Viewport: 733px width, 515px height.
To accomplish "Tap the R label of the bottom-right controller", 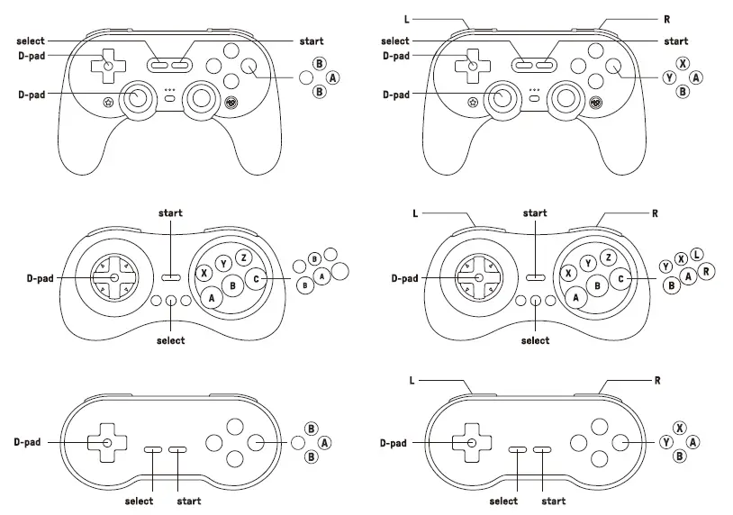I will point(657,381).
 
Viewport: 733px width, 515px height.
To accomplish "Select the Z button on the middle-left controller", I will point(243,258).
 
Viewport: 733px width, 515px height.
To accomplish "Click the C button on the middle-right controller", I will point(620,279).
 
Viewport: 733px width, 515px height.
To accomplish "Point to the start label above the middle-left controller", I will point(170,213).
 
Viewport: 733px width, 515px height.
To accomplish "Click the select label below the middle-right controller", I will point(535,340).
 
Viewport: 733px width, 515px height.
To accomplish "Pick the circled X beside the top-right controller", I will point(683,64).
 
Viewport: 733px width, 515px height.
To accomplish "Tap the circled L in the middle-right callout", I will point(698,255).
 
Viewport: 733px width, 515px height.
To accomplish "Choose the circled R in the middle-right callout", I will point(708,270).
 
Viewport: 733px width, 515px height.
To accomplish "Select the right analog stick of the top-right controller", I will point(568,96).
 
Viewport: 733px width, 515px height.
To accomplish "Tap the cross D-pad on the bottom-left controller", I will point(107,442).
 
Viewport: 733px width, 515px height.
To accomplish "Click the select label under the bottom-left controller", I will point(139,501).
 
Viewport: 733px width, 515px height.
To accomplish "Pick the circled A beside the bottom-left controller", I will point(324,442).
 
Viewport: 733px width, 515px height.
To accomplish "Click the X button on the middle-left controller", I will point(205,272).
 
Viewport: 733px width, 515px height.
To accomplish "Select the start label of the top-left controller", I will point(311,41).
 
